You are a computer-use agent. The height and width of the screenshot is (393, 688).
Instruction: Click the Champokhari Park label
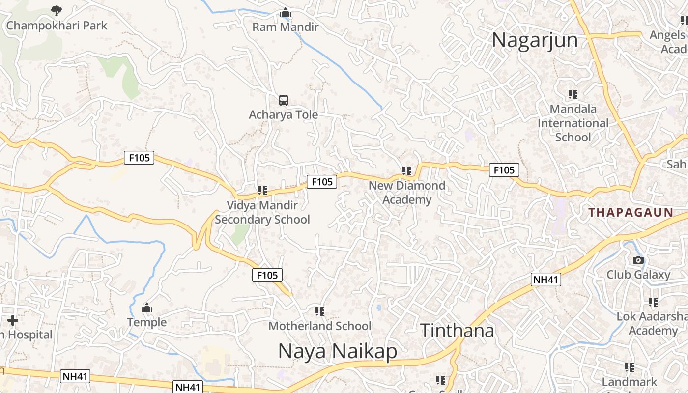[56, 26]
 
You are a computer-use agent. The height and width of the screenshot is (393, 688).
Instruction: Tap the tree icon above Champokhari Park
[57, 10]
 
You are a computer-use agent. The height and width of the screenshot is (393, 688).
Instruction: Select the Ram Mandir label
[285, 27]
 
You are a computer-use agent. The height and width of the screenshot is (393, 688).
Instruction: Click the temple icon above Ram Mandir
[285, 13]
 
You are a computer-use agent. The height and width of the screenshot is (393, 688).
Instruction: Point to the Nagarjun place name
[535, 40]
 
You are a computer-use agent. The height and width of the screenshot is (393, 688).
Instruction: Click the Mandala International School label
[573, 123]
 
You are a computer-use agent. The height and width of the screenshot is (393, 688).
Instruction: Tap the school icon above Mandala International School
[573, 94]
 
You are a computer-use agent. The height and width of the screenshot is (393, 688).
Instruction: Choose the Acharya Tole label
[283, 114]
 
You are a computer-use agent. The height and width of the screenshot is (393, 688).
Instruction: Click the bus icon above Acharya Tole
[284, 100]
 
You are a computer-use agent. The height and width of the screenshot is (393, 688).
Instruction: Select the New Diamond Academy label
[407, 193]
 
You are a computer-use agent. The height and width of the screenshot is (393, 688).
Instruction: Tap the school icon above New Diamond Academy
[407, 171]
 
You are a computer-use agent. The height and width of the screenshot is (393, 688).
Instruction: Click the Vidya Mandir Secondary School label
[262, 212]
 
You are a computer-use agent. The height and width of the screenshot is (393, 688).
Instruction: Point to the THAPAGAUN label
[631, 212]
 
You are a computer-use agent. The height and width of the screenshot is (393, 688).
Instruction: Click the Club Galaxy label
[638, 275]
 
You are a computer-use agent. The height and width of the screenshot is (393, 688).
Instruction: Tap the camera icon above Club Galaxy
[638, 260]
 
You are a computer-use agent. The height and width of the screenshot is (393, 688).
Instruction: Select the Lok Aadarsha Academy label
[653, 323]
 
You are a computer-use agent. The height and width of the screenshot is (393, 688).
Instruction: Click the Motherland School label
[319, 326]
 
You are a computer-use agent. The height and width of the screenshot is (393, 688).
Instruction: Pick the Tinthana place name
[457, 331]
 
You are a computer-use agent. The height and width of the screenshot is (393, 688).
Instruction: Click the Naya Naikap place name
[338, 352]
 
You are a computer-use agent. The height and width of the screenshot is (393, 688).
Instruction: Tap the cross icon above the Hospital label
[13, 321]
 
